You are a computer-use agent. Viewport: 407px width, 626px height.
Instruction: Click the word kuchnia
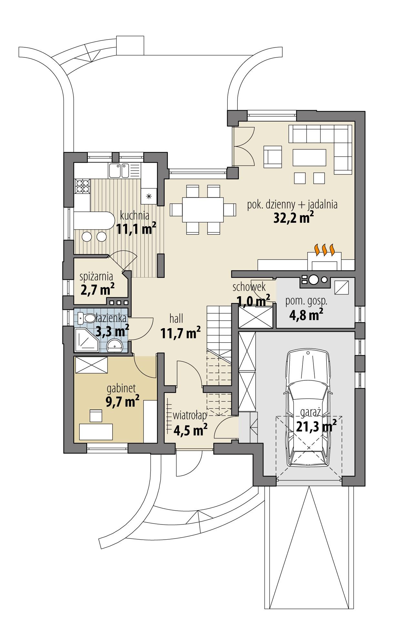[135, 215]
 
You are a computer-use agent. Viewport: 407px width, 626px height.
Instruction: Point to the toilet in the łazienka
[86, 318]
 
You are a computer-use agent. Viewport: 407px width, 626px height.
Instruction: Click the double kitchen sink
[119, 171]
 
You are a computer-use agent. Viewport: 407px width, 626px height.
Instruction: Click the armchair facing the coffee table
[273, 157]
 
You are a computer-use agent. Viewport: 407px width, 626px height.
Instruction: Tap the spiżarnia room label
[96, 276]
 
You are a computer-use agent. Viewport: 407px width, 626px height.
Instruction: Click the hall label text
[176, 319]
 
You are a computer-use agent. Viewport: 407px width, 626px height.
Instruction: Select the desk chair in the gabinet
[96, 415]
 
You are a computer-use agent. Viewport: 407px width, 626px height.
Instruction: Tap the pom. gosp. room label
[306, 301]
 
